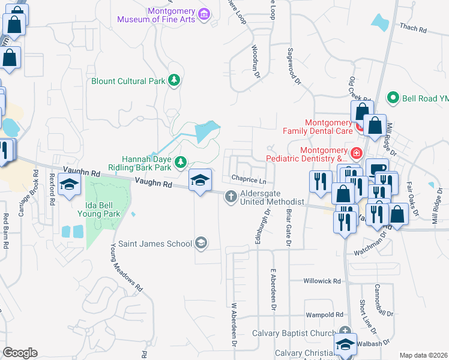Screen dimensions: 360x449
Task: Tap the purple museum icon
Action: click(204, 14)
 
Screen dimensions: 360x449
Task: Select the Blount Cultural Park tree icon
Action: click(174, 80)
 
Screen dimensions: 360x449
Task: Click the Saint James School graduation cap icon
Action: click(202, 243)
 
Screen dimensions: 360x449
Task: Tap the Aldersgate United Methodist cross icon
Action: click(231, 196)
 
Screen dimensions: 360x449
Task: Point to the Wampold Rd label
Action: click(324, 314)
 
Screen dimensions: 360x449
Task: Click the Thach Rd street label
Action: click(412, 28)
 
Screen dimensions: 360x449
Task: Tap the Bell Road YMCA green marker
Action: click(393, 97)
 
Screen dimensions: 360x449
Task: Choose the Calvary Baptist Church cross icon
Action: click(345, 332)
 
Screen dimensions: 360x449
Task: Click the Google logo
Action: click(20, 353)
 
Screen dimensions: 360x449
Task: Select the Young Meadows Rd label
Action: click(127, 267)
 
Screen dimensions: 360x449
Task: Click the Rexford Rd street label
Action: click(52, 189)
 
